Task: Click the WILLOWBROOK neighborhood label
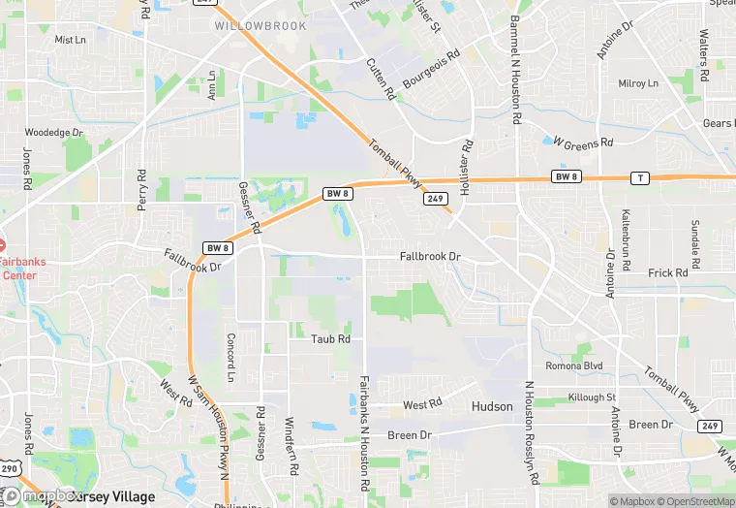pyautogui.click(x=261, y=26)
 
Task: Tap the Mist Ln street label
pyautogui.click(x=71, y=40)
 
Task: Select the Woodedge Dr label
pyautogui.click(x=54, y=132)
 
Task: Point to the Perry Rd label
pyautogui.click(x=141, y=192)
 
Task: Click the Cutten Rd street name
pyautogui.click(x=382, y=79)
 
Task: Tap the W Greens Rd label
pyautogui.click(x=583, y=143)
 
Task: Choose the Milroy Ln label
pyautogui.click(x=638, y=83)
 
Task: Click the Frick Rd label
pyautogui.click(x=667, y=273)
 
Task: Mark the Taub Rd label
pyautogui.click(x=330, y=338)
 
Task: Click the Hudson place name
pyautogui.click(x=492, y=406)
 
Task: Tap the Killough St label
pyautogui.click(x=592, y=397)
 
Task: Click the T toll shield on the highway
pyautogui.click(x=639, y=177)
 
